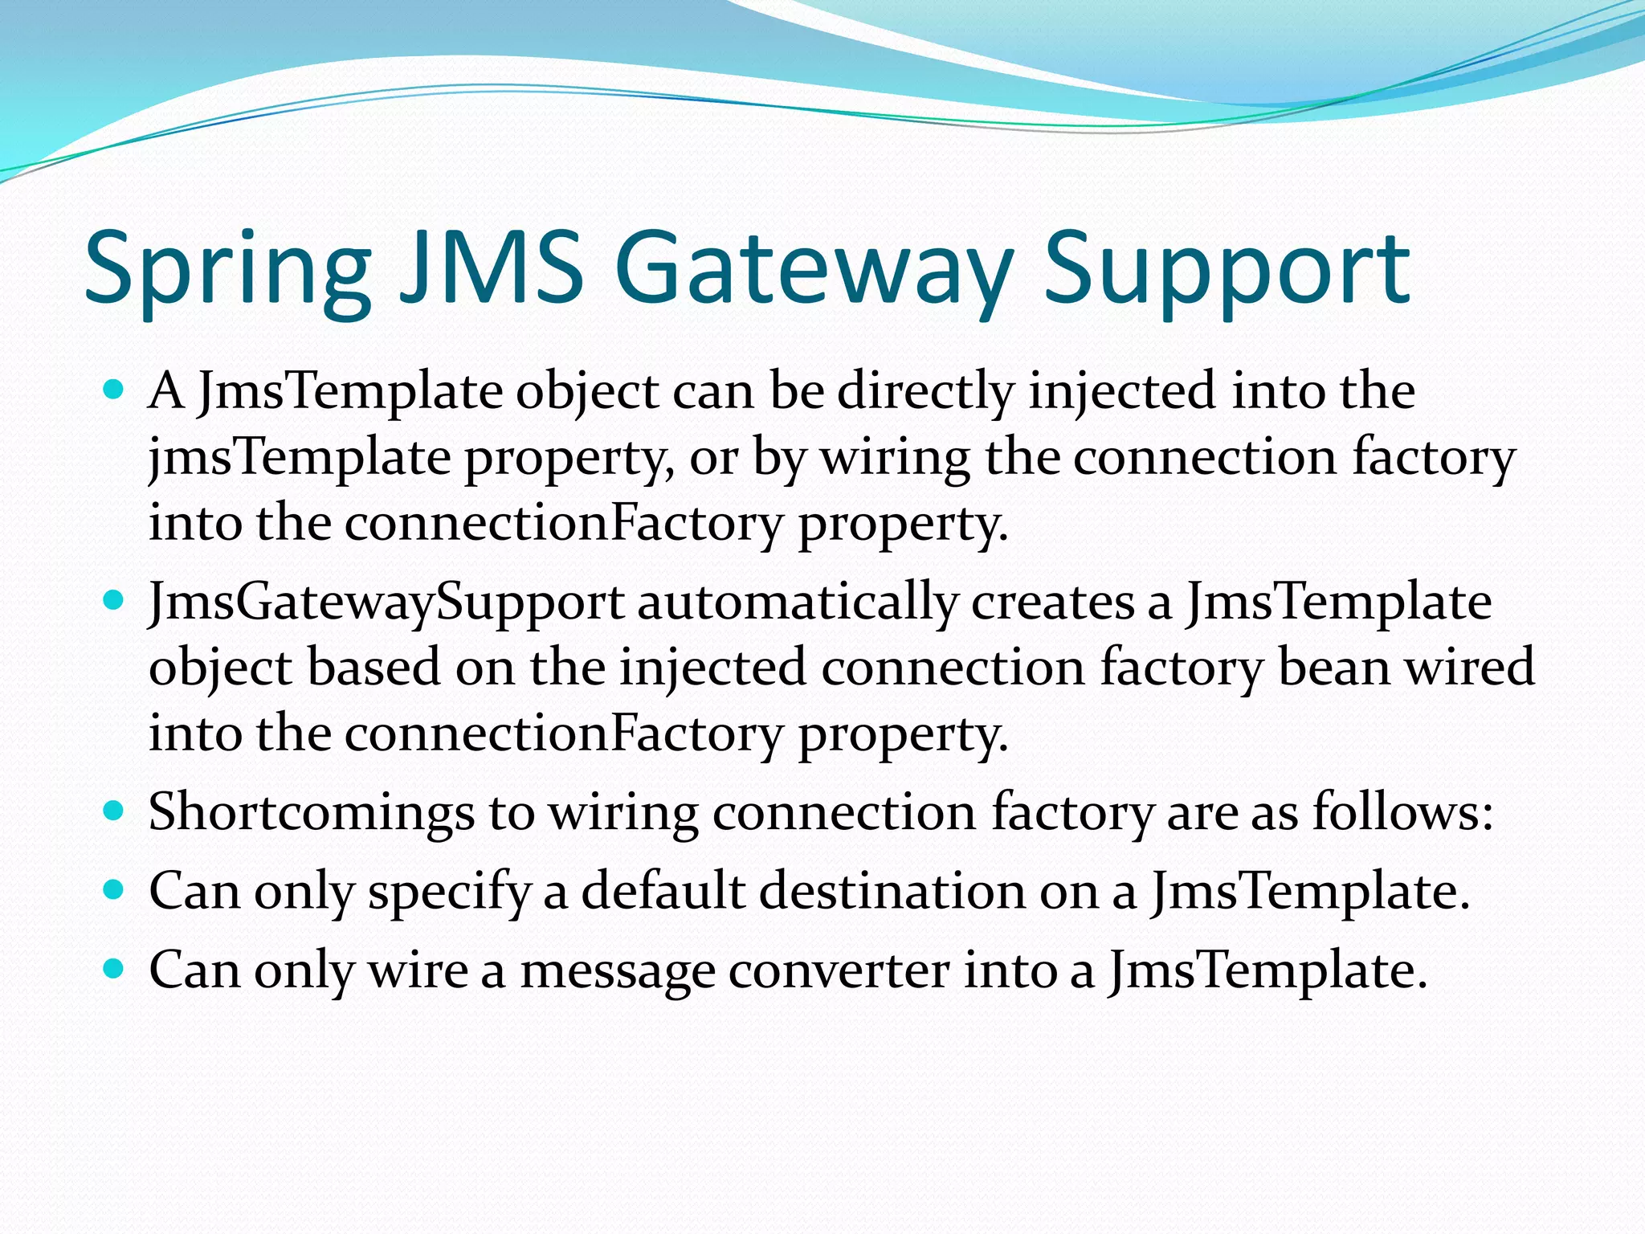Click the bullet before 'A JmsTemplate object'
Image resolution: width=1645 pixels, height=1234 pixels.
pos(114,391)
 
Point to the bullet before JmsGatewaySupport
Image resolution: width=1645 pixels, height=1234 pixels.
pos(114,601)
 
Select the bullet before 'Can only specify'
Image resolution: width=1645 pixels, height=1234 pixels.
pos(114,890)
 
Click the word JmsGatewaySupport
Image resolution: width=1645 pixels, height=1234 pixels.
pos(386,603)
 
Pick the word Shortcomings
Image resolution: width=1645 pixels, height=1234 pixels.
pos(312,812)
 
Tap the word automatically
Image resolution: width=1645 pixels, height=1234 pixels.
pos(798,603)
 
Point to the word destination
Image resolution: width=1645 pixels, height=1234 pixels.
pos(892,891)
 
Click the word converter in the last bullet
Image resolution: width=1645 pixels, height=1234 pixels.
pos(839,970)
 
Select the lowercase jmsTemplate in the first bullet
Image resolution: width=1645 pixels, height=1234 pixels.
pos(300,458)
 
